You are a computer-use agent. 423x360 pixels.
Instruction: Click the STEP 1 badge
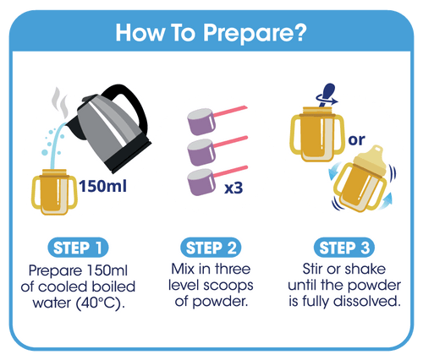[78, 248]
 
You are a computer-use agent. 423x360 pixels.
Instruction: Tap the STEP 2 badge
[211, 248]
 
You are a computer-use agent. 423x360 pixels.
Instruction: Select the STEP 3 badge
[344, 248]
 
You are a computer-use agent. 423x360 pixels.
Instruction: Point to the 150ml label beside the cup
[103, 186]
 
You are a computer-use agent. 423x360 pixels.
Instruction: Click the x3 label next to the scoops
[233, 188]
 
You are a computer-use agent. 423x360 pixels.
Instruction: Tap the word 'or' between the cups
[356, 140]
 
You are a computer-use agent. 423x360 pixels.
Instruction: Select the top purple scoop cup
[201, 122]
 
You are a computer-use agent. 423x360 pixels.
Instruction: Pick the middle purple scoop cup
[201, 152]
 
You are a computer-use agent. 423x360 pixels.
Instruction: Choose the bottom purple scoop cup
[201, 183]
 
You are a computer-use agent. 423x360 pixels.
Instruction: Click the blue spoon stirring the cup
[327, 94]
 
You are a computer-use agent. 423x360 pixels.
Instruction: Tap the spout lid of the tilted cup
[372, 159]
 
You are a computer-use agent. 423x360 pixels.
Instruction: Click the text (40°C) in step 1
[101, 303]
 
